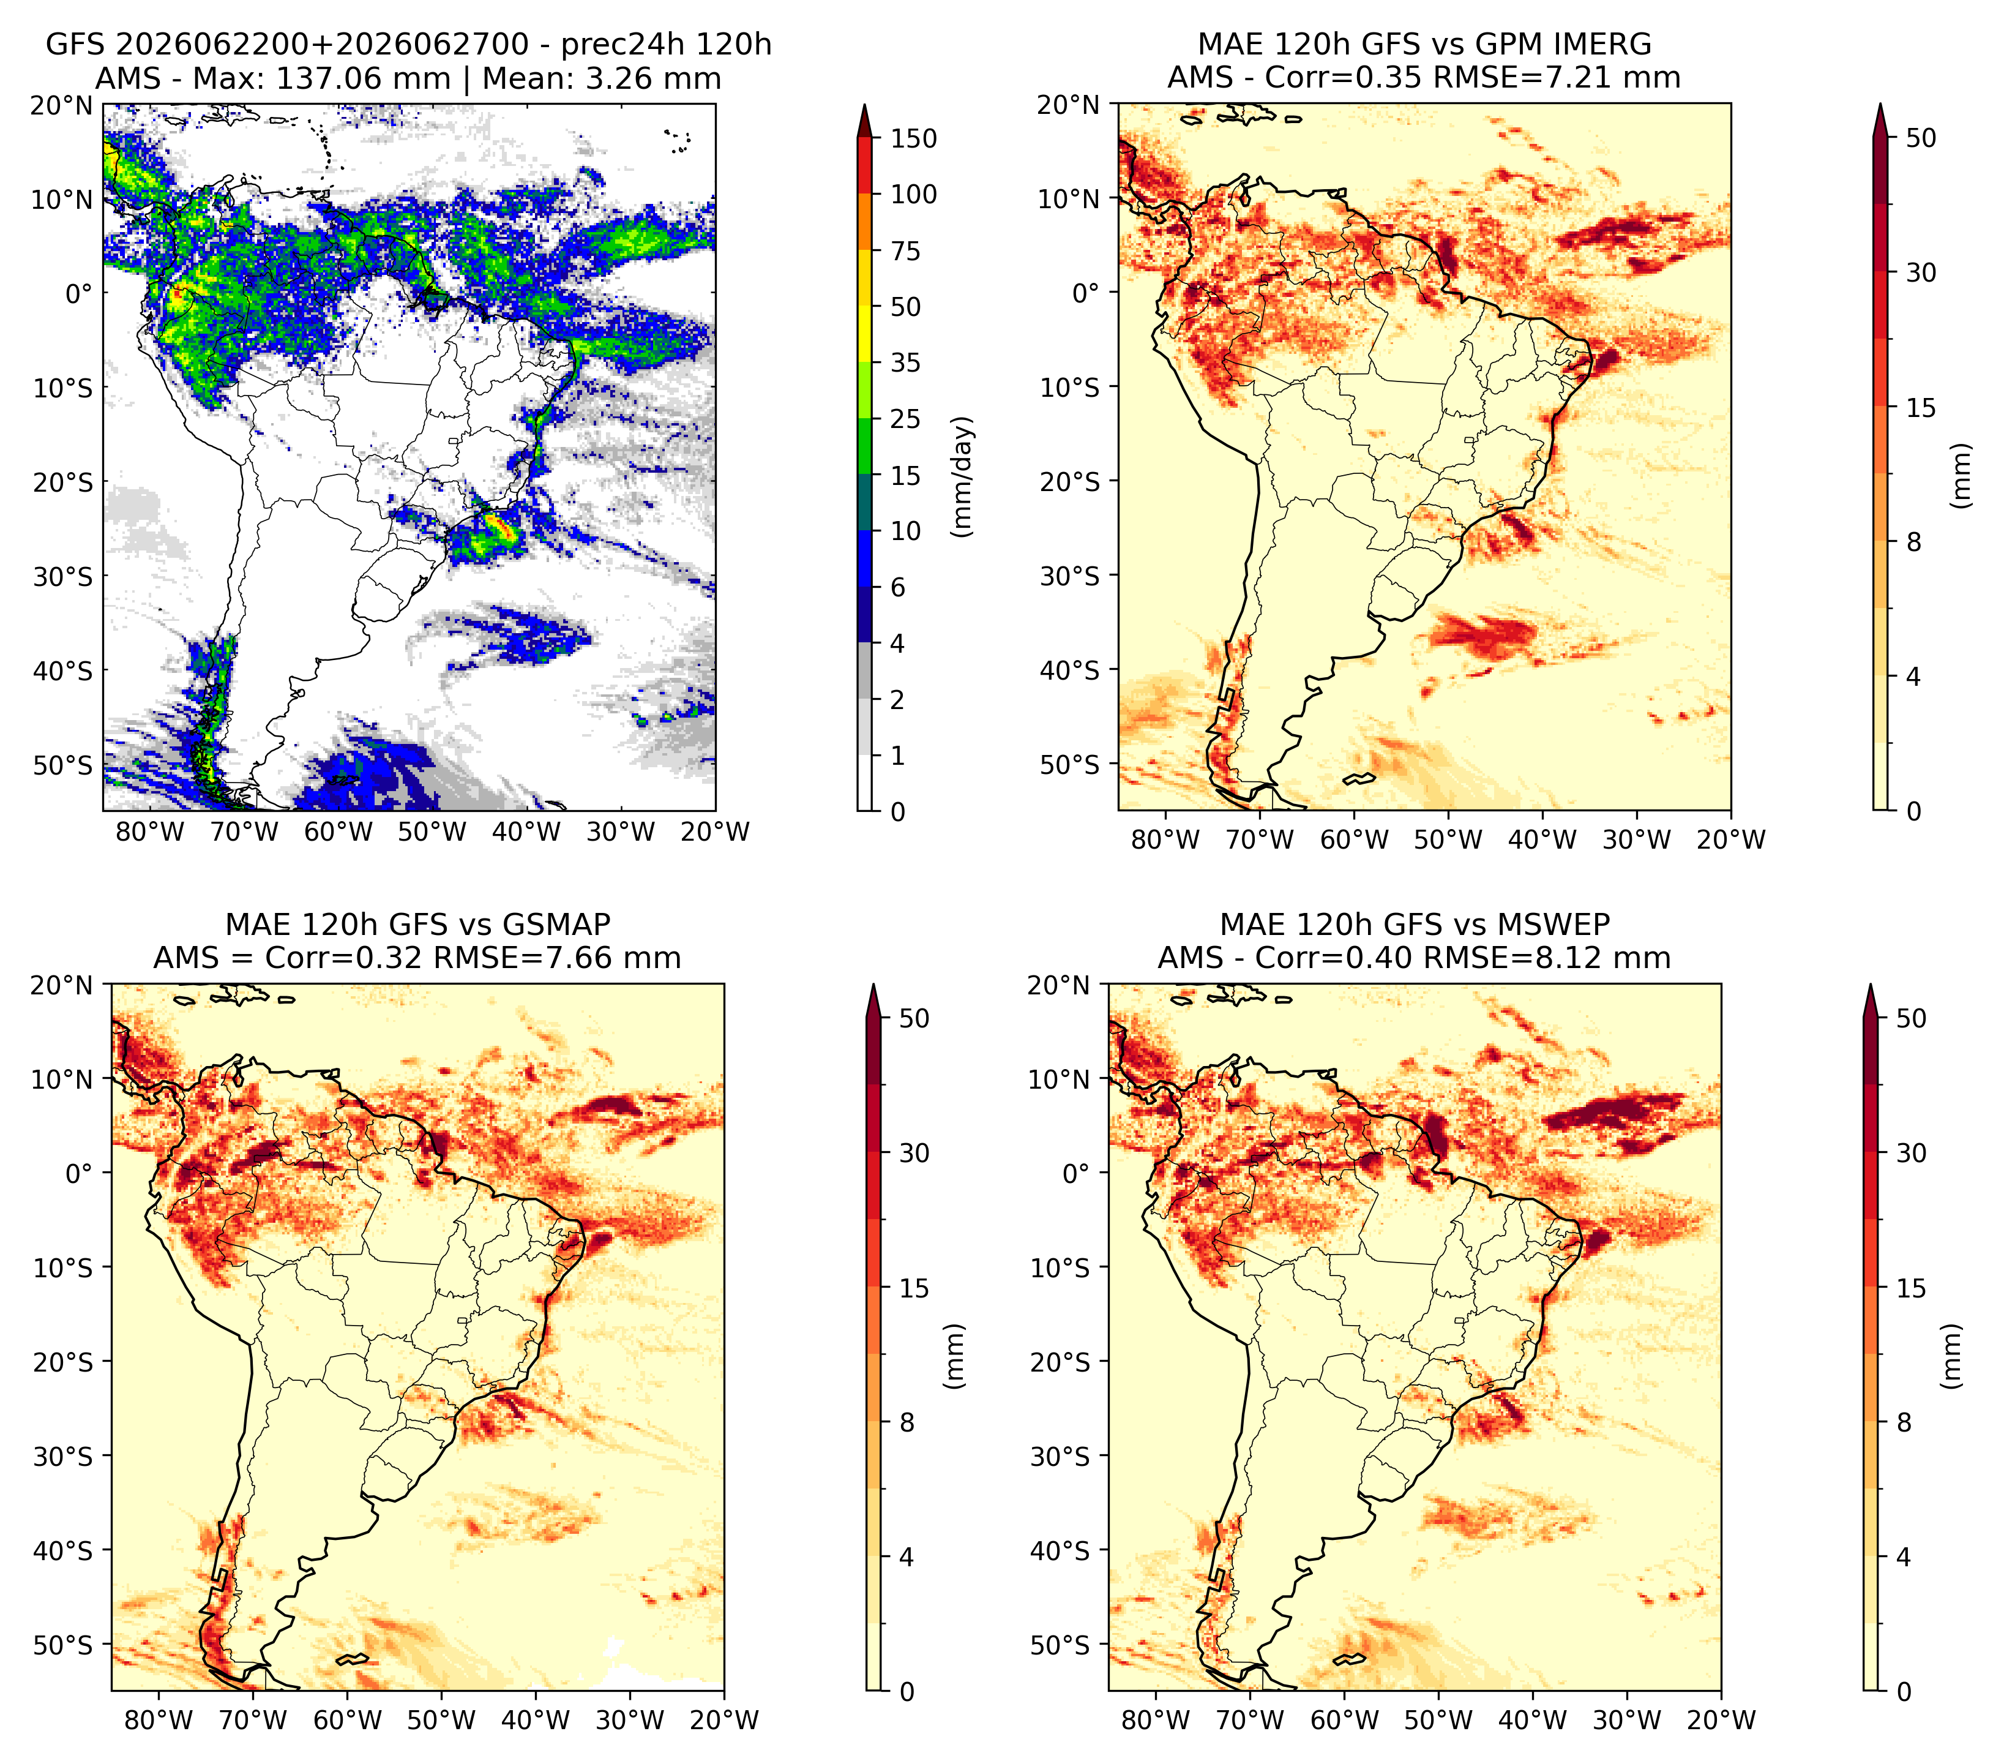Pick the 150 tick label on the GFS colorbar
click(x=914, y=138)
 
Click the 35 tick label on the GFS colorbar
click(x=906, y=362)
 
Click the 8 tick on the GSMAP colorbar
click(x=907, y=1423)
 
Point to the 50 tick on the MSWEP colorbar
click(x=1912, y=1019)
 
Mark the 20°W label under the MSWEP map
click(x=1722, y=1720)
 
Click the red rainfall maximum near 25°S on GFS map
click(x=501, y=528)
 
